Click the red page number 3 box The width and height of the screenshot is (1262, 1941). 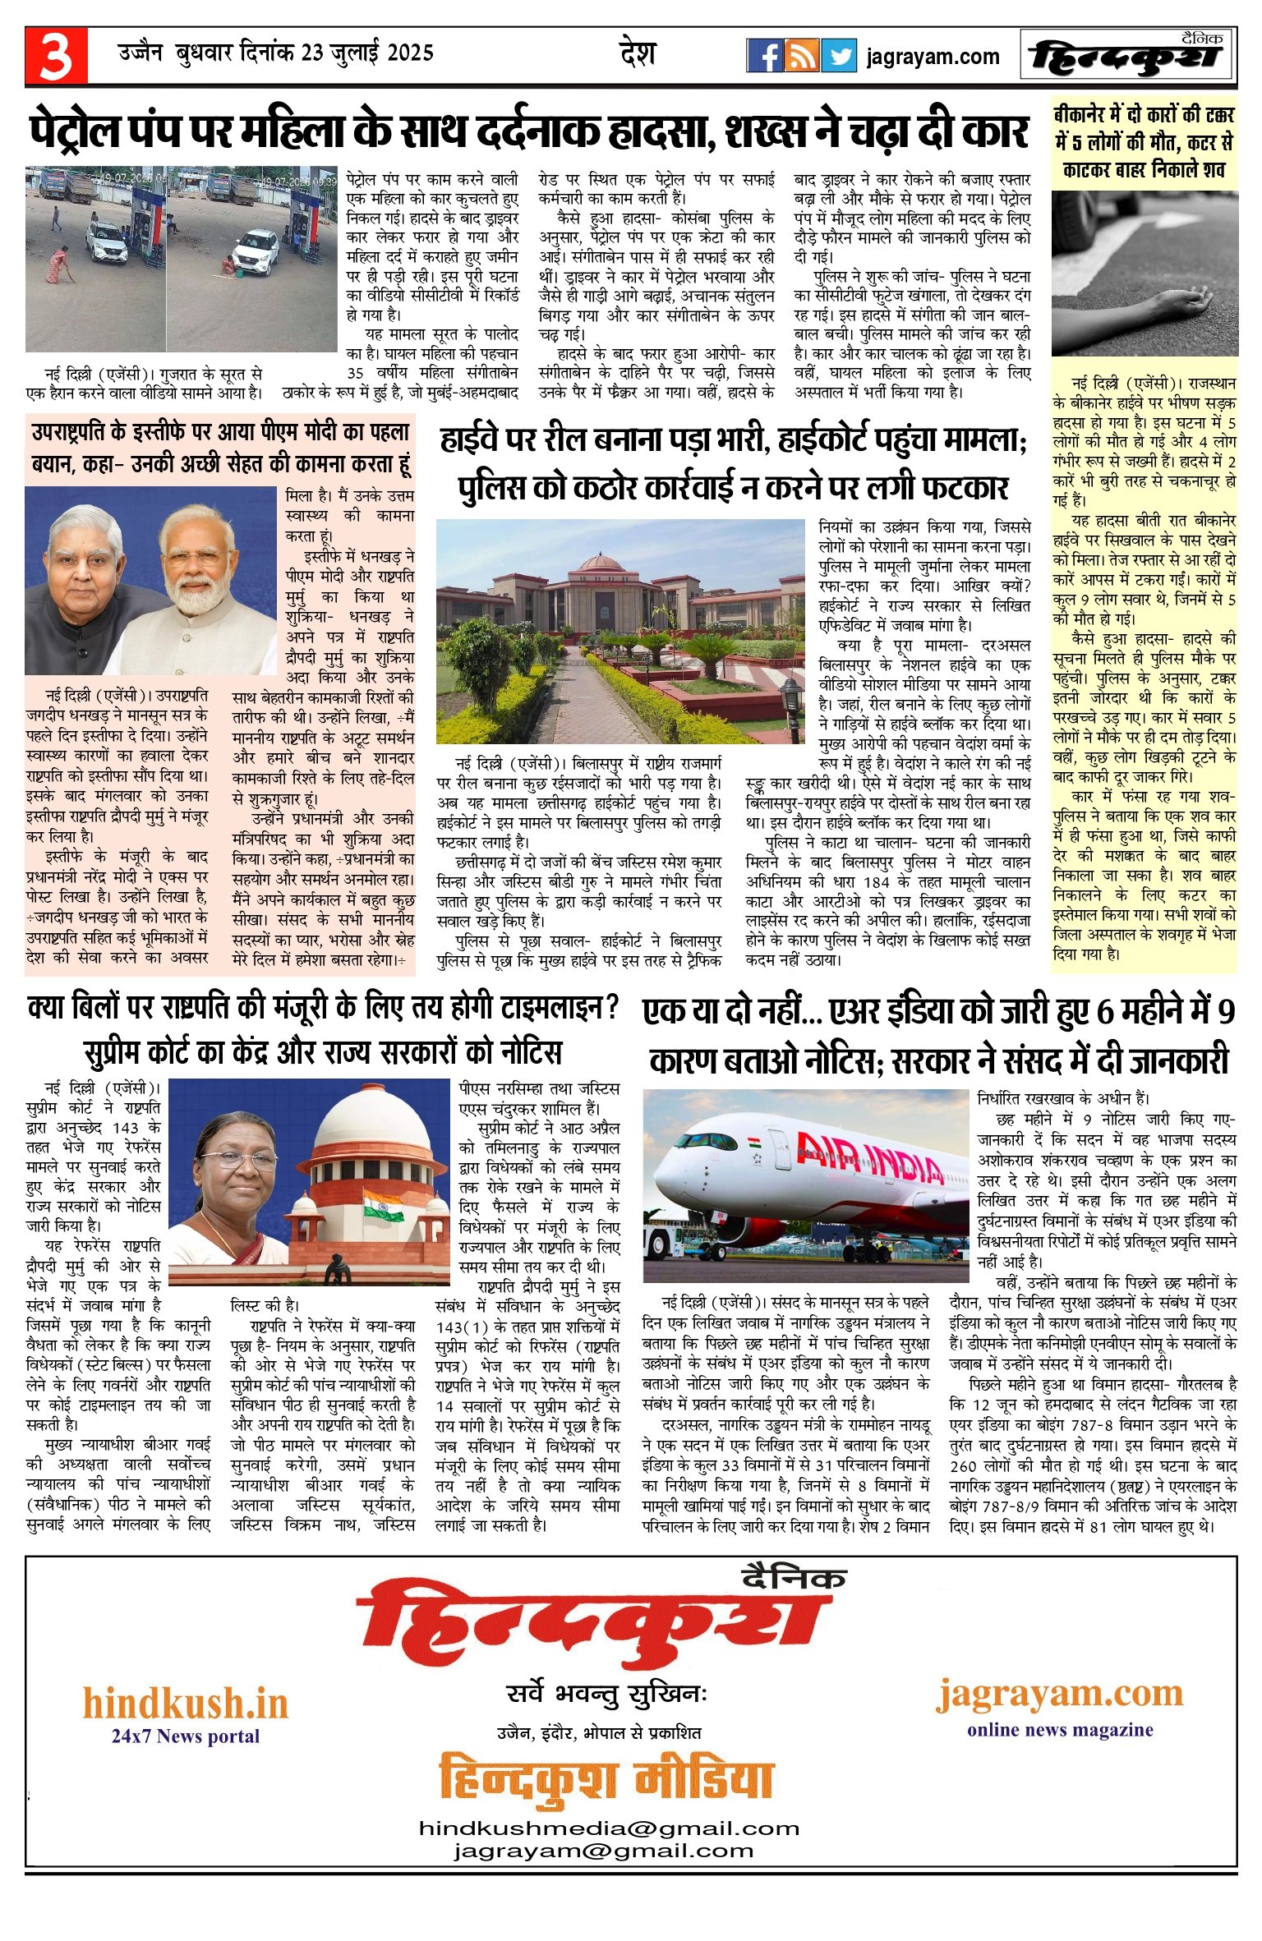(56, 56)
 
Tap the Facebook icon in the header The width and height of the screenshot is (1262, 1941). (764, 56)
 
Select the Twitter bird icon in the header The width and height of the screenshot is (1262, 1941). (839, 56)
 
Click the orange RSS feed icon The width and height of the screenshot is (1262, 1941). (801, 56)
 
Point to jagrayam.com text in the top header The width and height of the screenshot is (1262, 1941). (933, 57)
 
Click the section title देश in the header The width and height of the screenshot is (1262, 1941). (638, 54)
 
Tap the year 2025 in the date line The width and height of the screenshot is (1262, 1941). (410, 53)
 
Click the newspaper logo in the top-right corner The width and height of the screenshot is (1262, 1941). (1127, 56)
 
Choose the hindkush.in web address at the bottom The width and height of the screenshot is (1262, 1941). (186, 1703)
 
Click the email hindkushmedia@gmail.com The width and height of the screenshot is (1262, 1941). (609, 1828)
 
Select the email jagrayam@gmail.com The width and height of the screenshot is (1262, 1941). (604, 1851)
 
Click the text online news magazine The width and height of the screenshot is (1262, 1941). (1060, 1730)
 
